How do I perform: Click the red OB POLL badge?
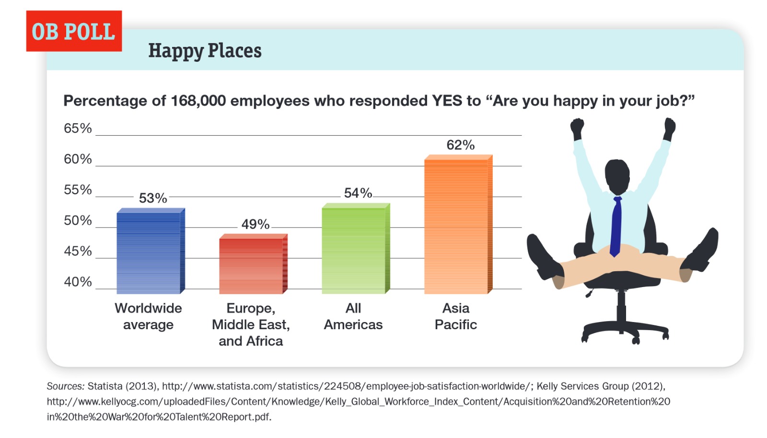[x=74, y=31]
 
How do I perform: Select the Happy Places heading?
[x=205, y=51]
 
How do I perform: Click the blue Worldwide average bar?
[x=151, y=251]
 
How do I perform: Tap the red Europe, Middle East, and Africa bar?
[x=254, y=264]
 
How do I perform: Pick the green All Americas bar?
[x=356, y=248]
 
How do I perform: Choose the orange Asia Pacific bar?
[x=458, y=224]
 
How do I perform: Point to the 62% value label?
[x=461, y=145]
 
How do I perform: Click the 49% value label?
[x=256, y=224]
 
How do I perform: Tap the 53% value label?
[x=153, y=198]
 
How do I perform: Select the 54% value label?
[x=358, y=193]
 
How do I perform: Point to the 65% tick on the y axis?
[x=78, y=128]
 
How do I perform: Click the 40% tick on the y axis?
[x=78, y=282]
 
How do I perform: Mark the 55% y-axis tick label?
[x=78, y=190]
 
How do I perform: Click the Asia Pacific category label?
[x=456, y=317]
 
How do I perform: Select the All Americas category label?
[x=353, y=317]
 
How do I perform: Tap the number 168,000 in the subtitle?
[x=198, y=101]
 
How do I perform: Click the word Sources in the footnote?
[x=65, y=386]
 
